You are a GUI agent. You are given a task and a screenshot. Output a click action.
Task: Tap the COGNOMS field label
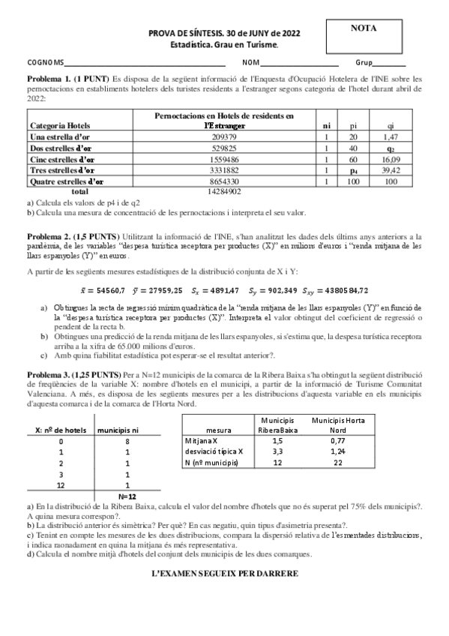tap(46, 63)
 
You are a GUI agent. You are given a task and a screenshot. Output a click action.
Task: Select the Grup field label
tap(365, 63)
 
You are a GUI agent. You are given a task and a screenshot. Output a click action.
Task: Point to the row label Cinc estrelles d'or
tap(62, 160)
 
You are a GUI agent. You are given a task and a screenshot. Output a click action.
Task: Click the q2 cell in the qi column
tap(391, 148)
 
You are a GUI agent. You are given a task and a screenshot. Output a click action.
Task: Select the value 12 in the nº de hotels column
tap(61, 485)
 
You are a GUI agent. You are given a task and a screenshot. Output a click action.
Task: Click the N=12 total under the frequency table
tap(128, 496)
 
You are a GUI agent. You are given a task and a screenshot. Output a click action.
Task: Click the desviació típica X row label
tap(214, 452)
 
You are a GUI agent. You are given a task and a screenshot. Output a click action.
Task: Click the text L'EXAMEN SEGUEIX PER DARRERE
tap(224, 573)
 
